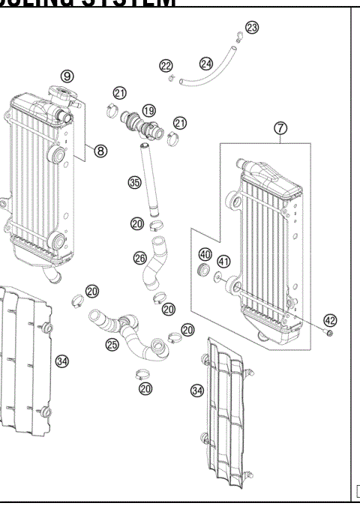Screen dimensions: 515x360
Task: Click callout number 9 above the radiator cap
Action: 67,76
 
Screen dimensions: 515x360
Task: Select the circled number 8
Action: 100,151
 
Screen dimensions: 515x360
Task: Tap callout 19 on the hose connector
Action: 148,109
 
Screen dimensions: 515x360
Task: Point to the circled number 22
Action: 166,67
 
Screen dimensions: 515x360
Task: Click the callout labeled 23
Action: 251,28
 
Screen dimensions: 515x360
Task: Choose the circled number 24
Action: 205,63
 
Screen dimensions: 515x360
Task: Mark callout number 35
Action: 135,182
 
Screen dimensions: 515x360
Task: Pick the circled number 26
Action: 140,258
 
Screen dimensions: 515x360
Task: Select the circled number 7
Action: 280,128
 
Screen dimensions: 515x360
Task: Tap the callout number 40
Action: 205,253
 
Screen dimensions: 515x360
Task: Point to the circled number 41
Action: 223,261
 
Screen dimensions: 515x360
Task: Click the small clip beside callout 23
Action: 237,34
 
